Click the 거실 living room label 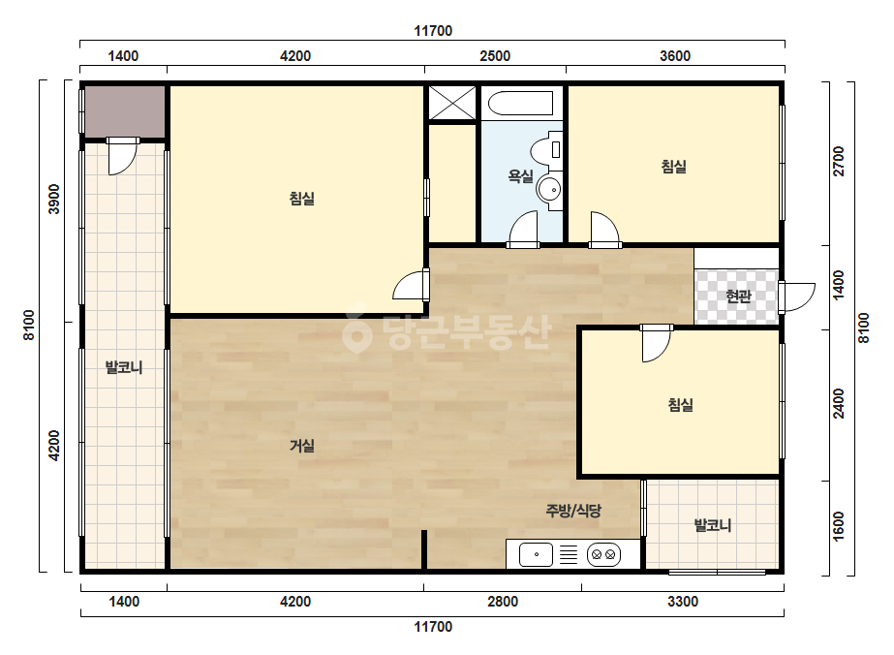301,446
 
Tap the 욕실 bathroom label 520,176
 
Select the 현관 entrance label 738,296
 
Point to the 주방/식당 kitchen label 573,510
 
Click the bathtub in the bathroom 521,103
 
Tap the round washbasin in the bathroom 549,189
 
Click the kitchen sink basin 536,554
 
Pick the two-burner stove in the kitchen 603,554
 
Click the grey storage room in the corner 125,111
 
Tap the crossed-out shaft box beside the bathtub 452,103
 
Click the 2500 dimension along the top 495,56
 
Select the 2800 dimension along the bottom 503,602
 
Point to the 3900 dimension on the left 54,199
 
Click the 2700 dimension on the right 839,162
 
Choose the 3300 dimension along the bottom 683,602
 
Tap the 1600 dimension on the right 839,526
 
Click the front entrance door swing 797,296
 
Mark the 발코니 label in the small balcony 713,525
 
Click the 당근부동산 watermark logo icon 356,332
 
